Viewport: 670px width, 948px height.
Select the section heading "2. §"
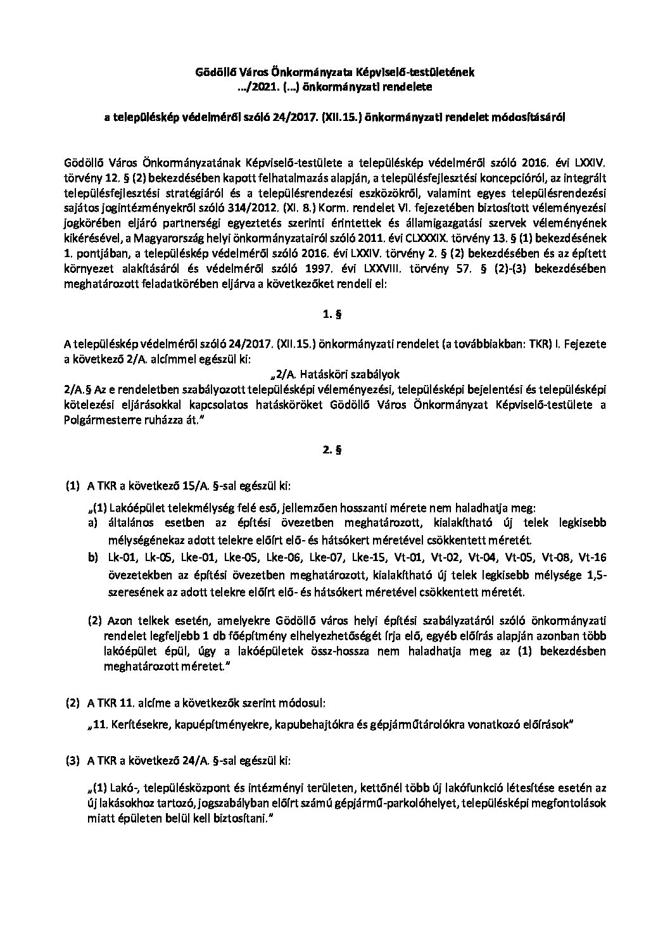tap(335, 452)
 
